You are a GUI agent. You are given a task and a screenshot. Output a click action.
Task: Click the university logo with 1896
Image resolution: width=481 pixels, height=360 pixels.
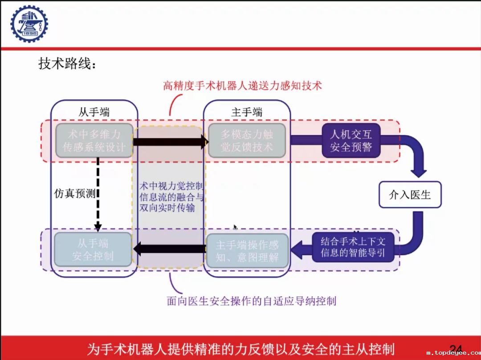pos(29,24)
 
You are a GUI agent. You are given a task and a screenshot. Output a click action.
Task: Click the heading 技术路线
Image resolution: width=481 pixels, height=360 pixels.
pos(67,64)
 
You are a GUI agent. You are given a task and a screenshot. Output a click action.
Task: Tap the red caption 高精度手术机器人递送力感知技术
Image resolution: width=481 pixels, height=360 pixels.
pos(242,85)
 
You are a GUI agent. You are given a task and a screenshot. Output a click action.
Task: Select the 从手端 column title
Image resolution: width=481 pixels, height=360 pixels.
pos(94,112)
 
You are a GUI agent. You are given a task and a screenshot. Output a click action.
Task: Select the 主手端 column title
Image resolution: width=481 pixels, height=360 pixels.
pos(247,112)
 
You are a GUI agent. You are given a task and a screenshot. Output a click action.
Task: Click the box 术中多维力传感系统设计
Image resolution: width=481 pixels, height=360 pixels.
pos(94,140)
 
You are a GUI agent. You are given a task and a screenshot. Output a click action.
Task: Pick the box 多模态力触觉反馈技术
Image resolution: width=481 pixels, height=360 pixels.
pos(247,140)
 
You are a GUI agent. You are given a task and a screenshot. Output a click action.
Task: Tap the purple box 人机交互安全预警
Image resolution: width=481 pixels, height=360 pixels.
pos(351,140)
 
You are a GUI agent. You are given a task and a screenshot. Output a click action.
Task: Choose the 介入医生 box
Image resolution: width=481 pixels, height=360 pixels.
pos(410,194)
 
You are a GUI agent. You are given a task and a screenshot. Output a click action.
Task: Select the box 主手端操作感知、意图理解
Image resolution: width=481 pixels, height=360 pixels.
pos(247,250)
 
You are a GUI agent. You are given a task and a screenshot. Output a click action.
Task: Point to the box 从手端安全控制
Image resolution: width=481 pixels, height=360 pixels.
pos(93,250)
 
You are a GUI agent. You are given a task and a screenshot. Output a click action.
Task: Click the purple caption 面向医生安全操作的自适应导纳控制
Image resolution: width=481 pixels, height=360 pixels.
pos(251,301)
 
